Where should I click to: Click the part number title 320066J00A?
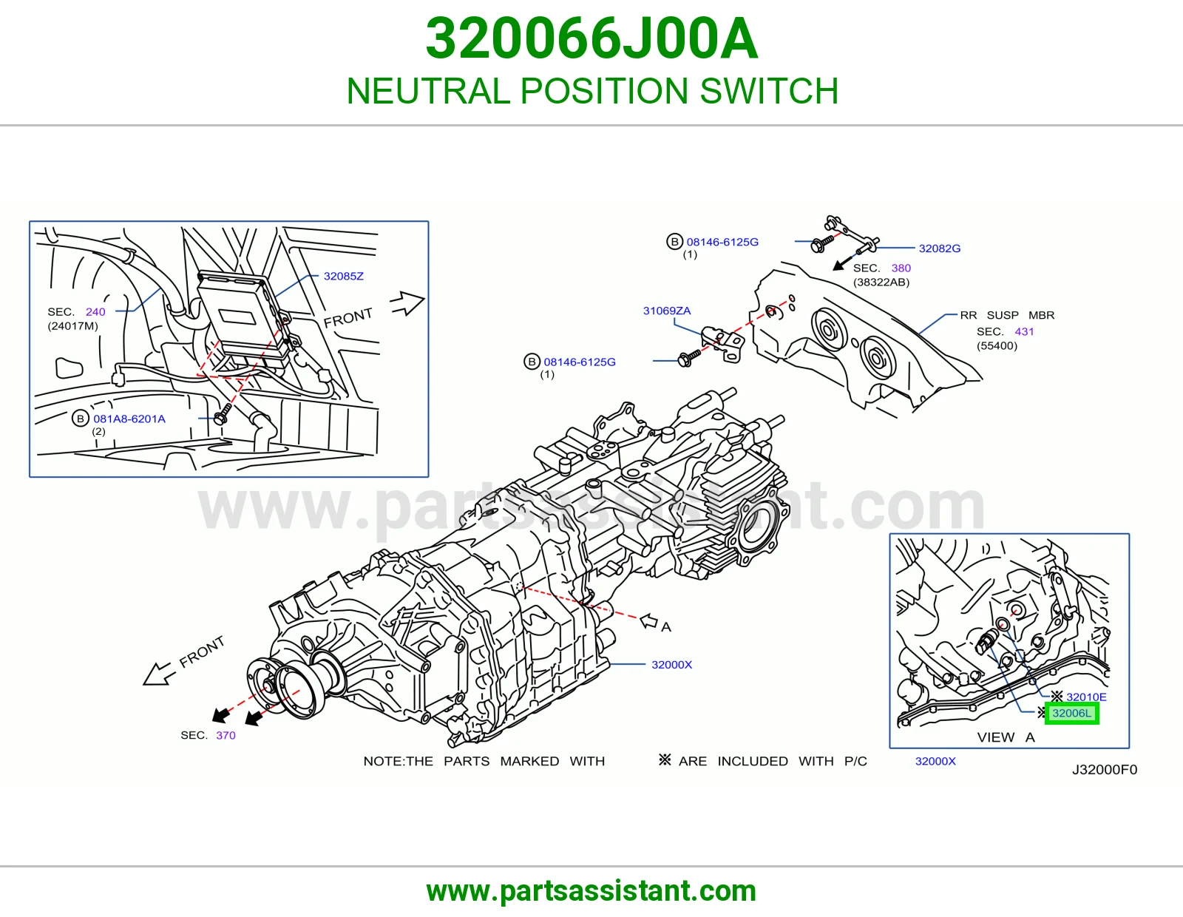click(591, 38)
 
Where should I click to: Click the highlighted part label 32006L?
click(1071, 713)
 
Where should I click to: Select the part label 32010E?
click(1086, 697)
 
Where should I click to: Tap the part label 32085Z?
click(344, 276)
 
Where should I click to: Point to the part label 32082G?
click(940, 248)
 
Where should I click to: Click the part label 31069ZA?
click(667, 311)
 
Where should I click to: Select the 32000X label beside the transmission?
click(672, 664)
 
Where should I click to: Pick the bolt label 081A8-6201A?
click(129, 419)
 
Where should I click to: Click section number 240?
click(95, 311)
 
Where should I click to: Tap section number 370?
click(226, 735)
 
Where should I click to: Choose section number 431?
click(1024, 331)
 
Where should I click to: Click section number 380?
click(901, 268)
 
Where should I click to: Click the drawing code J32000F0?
click(1105, 769)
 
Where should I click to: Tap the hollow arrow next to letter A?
click(648, 621)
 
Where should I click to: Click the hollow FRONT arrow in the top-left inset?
click(407, 302)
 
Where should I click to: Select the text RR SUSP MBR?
click(1007, 315)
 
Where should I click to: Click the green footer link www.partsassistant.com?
click(591, 891)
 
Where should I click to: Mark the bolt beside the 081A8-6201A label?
click(222, 414)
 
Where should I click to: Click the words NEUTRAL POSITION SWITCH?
click(592, 90)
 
